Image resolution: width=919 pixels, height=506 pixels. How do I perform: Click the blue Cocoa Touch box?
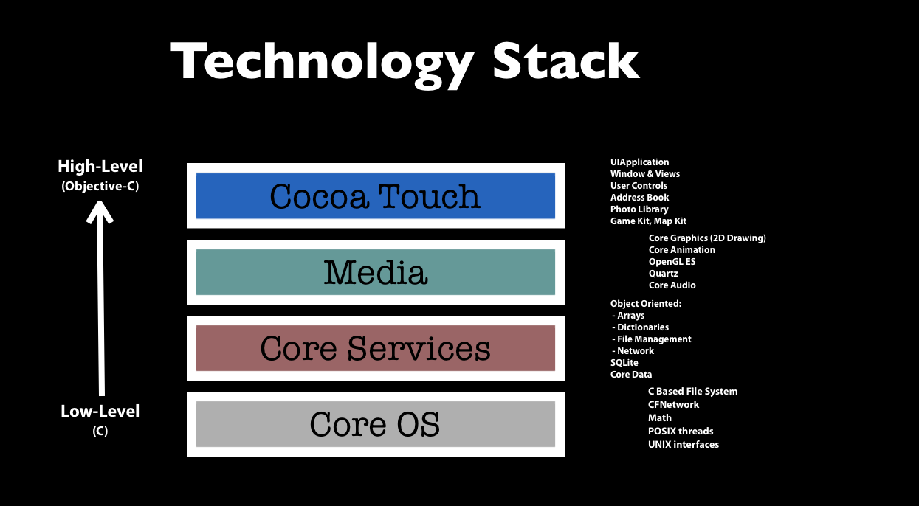pos(376,195)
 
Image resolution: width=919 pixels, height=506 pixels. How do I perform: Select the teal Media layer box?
pos(376,272)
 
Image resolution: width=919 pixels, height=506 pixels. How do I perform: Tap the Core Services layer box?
pos(376,348)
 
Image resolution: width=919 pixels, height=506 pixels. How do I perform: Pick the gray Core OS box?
pos(376,424)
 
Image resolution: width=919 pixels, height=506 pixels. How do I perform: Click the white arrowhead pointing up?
pos(100,212)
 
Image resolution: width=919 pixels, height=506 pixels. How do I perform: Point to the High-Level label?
pos(100,166)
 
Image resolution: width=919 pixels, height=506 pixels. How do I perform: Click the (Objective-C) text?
pos(100,186)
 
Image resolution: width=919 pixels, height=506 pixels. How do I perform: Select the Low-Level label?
pos(100,411)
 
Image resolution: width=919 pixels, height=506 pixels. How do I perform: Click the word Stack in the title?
pos(565,60)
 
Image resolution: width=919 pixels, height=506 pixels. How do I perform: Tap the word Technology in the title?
pos(323,65)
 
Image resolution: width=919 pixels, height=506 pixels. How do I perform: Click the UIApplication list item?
pos(639,162)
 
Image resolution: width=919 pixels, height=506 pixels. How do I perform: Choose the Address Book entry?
pos(639,197)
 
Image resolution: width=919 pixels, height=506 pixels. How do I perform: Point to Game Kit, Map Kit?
pos(648,221)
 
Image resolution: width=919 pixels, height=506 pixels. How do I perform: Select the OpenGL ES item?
pos(672,262)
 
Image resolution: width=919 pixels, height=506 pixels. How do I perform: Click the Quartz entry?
pos(664,274)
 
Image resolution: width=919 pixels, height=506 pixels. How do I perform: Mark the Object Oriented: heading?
pos(646,304)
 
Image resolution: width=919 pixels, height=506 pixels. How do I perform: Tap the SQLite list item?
pos(624,363)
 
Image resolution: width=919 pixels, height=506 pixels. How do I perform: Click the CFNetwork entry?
pos(673,405)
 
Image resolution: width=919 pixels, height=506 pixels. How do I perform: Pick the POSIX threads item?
pos(681,432)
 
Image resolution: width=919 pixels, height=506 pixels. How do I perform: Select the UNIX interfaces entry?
pos(684,445)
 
